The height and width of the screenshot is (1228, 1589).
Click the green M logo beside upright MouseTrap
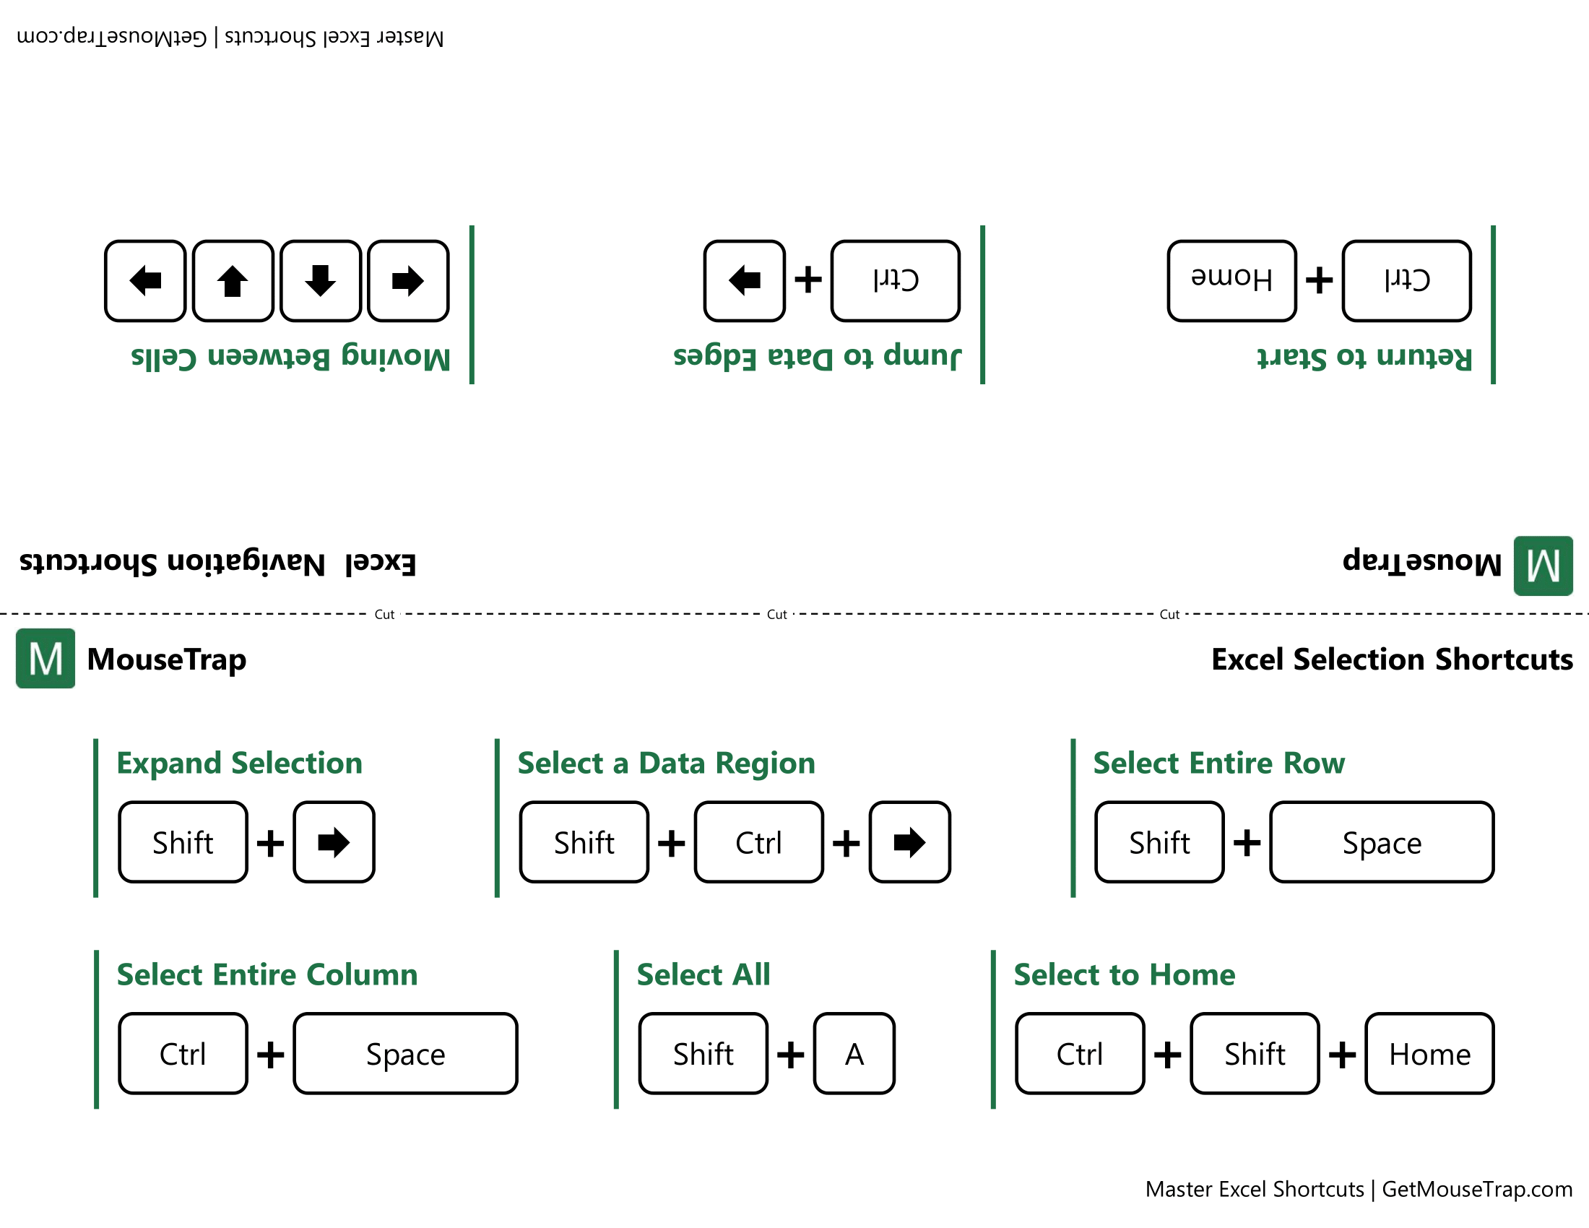point(45,658)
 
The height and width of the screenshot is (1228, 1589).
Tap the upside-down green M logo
point(1543,566)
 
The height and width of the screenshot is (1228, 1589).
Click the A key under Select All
point(854,1052)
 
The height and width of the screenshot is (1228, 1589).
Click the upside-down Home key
point(1231,280)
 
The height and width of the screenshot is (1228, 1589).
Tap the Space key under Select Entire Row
point(1381,842)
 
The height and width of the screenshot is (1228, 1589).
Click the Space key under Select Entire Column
point(405,1052)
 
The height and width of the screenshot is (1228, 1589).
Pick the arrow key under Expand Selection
point(334,842)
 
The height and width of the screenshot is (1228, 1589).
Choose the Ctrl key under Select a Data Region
point(758,842)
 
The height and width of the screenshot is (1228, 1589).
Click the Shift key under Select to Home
point(1254,1052)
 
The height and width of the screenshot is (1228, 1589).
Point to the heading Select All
point(703,974)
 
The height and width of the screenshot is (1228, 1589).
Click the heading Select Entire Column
point(267,974)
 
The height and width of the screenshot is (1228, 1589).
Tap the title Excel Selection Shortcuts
point(1391,659)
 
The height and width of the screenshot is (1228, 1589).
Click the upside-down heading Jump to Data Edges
point(816,356)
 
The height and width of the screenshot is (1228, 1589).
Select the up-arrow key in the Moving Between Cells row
point(233,280)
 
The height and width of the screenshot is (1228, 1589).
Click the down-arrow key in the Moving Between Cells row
point(320,280)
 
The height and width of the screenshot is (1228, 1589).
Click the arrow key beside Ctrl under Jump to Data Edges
point(743,280)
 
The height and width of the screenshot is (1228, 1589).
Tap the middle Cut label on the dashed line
point(776,614)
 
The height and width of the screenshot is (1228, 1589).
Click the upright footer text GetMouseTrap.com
point(1476,1189)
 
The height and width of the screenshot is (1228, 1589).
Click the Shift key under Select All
point(702,1052)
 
